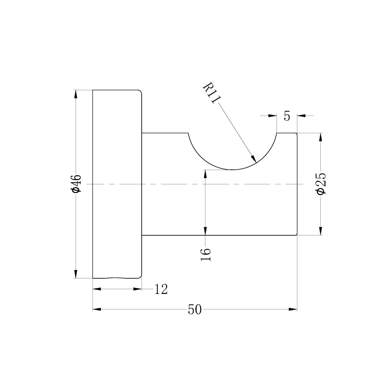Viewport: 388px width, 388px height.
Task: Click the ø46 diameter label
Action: click(76, 184)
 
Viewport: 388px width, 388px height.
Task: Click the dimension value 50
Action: click(195, 310)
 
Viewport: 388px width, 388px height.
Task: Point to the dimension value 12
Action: click(161, 289)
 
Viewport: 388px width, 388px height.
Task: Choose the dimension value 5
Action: click(287, 116)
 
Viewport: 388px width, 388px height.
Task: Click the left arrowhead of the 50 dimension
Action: click(97, 309)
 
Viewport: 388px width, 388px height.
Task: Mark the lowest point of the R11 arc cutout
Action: click(232, 170)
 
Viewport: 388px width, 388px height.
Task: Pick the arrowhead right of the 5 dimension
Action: click(301, 115)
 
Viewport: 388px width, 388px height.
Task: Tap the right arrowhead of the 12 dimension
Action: click(138, 289)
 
